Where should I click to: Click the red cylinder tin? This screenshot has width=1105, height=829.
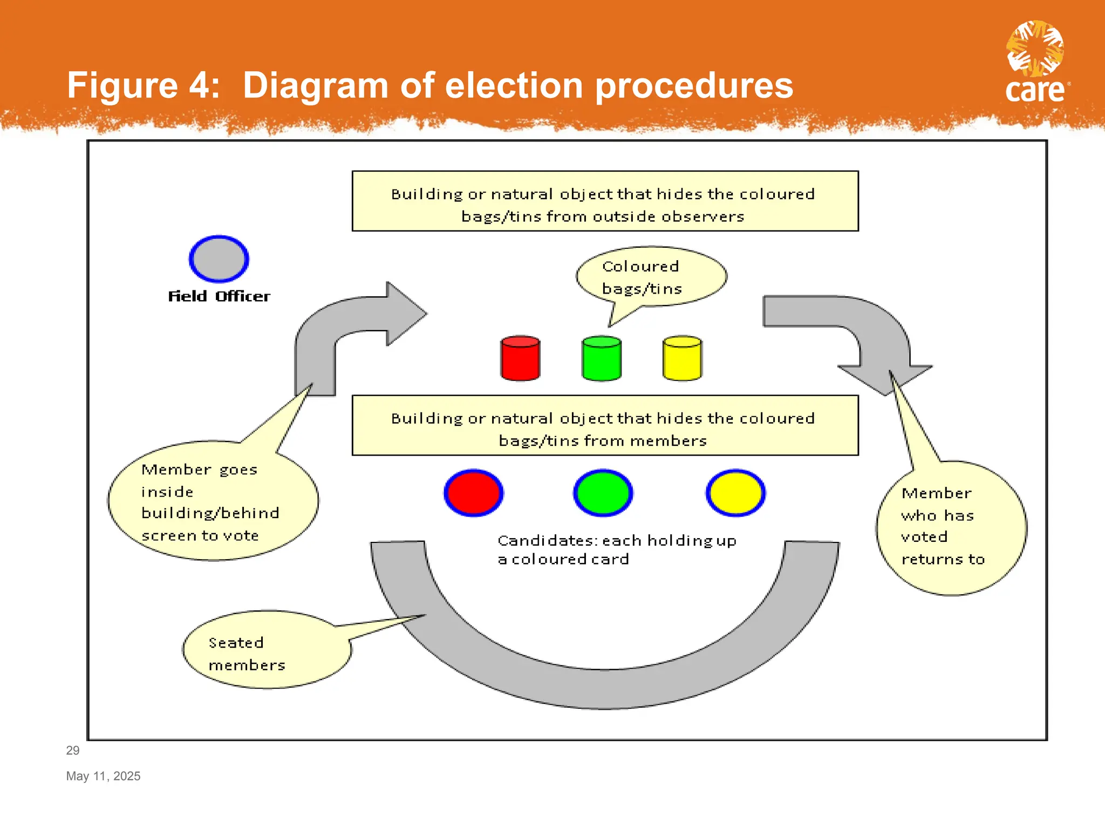pyautogui.click(x=520, y=359)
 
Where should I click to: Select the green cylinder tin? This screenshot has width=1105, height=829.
pyautogui.click(x=602, y=359)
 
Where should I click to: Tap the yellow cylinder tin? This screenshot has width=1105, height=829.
pyautogui.click(x=682, y=359)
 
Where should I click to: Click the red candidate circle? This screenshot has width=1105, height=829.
pyautogui.click(x=474, y=493)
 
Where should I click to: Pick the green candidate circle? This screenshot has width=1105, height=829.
pyautogui.click(x=603, y=493)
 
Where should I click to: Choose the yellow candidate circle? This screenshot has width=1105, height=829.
pyautogui.click(x=735, y=493)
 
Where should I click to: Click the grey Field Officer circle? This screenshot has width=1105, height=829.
pyautogui.click(x=219, y=259)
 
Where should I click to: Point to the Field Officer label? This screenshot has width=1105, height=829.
pyautogui.click(x=219, y=296)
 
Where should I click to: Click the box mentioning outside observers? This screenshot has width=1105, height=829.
pyautogui.click(x=605, y=201)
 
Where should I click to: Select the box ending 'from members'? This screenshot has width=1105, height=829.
pyautogui.click(x=605, y=426)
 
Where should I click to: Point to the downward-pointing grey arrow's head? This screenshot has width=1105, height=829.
pyautogui.click(x=885, y=378)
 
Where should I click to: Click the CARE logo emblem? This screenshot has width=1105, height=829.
pyautogui.click(x=1035, y=49)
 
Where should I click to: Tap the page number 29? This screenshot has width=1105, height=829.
pyautogui.click(x=73, y=750)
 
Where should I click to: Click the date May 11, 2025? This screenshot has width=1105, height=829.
pyautogui.click(x=103, y=776)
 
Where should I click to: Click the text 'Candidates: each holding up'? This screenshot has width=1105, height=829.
pyautogui.click(x=617, y=540)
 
